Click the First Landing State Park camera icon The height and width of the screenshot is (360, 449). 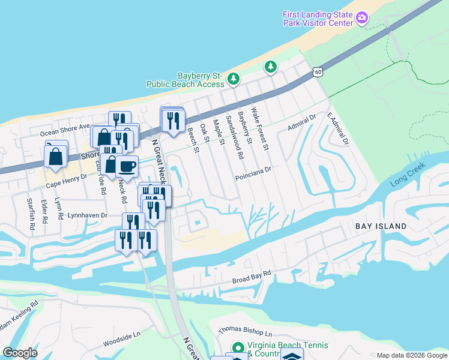pyautogui.click(x=362, y=18)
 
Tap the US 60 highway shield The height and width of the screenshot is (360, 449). pyautogui.click(x=318, y=72)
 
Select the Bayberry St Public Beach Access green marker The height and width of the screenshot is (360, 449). pyautogui.click(x=234, y=79)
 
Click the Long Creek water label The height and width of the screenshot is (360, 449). pyautogui.click(x=408, y=173)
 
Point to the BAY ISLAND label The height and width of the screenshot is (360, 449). pyautogui.click(x=381, y=226)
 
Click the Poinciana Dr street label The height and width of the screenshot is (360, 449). pyautogui.click(x=253, y=169)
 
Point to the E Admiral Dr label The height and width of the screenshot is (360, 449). pyautogui.click(x=337, y=128)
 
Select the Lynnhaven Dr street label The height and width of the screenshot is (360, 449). pyautogui.click(x=87, y=214)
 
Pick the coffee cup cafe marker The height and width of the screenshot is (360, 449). pyautogui.click(x=127, y=166)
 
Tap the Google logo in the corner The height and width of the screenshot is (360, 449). pyautogui.click(x=20, y=353)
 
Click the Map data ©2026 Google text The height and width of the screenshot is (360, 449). pyautogui.click(x=411, y=355)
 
